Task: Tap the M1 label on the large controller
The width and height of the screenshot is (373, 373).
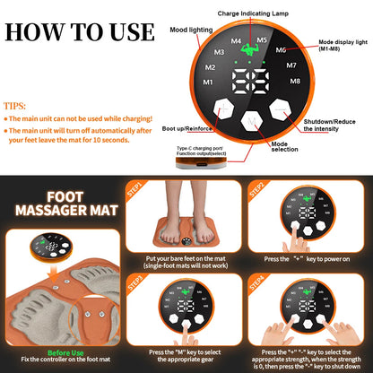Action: [209, 82]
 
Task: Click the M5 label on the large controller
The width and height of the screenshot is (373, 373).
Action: [262, 40]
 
